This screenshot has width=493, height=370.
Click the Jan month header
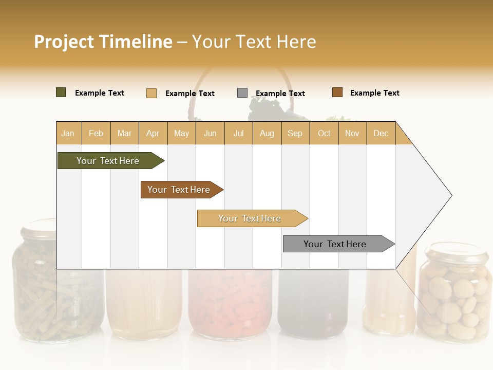coord(68,133)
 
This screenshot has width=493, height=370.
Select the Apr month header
coord(153,133)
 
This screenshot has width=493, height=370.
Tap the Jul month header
coord(238,133)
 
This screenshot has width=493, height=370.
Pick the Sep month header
coord(295,133)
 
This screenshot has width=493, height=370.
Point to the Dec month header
coord(381,133)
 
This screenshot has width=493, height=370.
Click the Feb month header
coord(96,133)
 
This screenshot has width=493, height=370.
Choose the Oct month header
coord(324,133)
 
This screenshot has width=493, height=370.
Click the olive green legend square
coord(61,92)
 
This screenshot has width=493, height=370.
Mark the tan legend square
coord(151,93)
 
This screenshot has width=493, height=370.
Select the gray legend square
coord(242,93)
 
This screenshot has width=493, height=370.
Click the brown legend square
coord(337,92)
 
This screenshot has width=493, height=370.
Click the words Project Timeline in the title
coord(103,42)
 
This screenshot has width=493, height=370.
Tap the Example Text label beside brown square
coord(374,93)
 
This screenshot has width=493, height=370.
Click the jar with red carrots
coord(230,303)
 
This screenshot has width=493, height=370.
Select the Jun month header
coord(210,133)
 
